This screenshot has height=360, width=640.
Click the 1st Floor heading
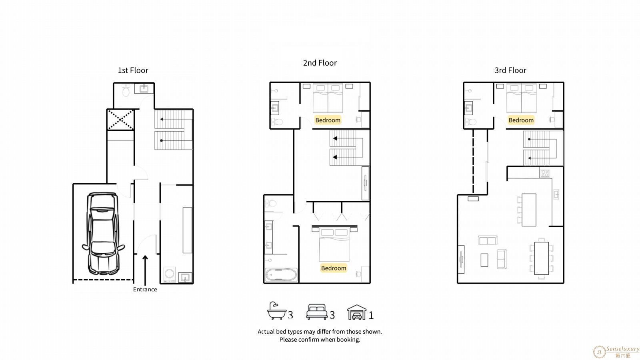pyautogui.click(x=133, y=70)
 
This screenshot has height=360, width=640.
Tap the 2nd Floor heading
pyautogui.click(x=320, y=63)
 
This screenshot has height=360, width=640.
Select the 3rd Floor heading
pyautogui.click(x=510, y=70)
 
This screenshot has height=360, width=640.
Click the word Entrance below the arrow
pyautogui.click(x=145, y=290)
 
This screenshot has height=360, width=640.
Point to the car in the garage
pyautogui.click(x=103, y=233)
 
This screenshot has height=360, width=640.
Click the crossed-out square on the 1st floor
pyautogui.click(x=120, y=120)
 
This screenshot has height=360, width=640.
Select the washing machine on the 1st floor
pyautogui.click(x=170, y=274)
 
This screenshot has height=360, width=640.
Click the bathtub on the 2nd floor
pyautogui.click(x=281, y=275)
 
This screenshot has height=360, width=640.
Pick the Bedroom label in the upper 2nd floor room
pyautogui.click(x=328, y=120)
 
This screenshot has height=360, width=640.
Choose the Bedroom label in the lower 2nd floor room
pyautogui.click(x=334, y=268)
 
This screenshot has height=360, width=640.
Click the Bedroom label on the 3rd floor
pyautogui.click(x=521, y=120)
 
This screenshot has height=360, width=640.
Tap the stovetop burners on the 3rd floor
pyautogui.click(x=544, y=173)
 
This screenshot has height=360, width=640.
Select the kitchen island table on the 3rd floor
pyautogui.click(x=529, y=210)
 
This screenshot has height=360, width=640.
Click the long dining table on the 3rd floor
pyautogui.click(x=542, y=258)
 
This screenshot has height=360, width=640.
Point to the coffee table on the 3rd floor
pyautogui.click(x=484, y=260)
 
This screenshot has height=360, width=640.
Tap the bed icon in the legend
pyautogui.click(x=316, y=312)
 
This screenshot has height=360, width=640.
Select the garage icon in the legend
pyautogui.click(x=356, y=312)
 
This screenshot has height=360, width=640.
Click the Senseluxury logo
pyautogui.click(x=616, y=352)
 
